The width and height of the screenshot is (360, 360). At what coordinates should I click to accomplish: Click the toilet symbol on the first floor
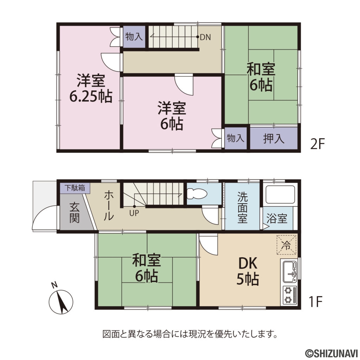pos(197,194)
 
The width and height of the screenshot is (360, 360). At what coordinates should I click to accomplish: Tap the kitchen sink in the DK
pos(290,272)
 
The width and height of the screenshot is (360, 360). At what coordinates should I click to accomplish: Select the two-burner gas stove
pos(290,295)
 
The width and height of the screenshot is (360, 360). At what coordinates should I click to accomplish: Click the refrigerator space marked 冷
pos(286,245)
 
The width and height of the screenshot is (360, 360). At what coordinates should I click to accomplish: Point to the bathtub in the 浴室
pos(280,194)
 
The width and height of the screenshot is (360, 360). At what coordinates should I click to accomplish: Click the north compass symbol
pos(60,300)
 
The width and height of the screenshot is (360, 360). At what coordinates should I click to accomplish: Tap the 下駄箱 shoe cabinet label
pos(75,188)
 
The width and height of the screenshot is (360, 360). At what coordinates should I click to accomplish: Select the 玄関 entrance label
pos(75,212)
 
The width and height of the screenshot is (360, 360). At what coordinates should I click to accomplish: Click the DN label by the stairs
pos(205,37)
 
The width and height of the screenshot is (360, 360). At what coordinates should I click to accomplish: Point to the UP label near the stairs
pos(134,213)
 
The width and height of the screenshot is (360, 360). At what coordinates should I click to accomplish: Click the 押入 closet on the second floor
pos(274,139)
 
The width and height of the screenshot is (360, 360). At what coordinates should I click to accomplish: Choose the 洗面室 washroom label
pos(243,207)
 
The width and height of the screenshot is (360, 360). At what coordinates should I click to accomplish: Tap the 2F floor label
pos(317,144)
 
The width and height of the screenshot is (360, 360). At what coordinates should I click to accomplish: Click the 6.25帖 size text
pos(91,96)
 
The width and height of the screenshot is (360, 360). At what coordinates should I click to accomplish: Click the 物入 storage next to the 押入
pos(236,138)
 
